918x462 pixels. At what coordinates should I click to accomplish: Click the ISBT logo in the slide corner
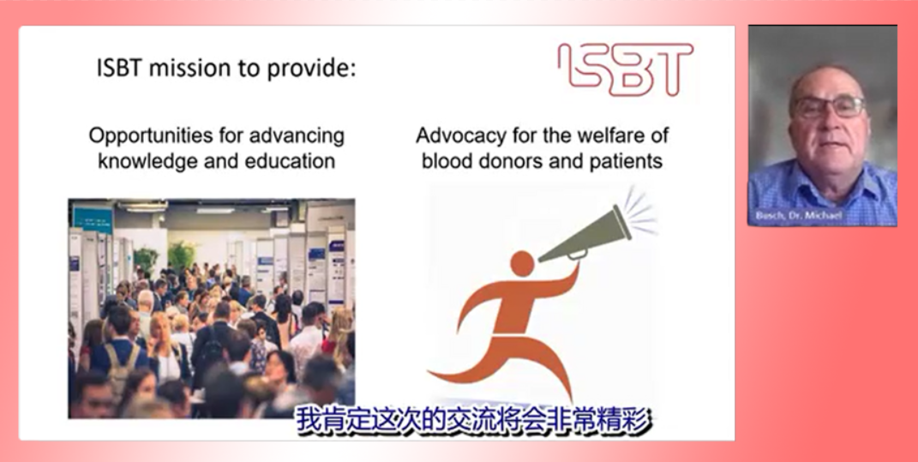[x=625, y=69]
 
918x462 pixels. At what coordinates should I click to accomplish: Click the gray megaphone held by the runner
[x=585, y=234]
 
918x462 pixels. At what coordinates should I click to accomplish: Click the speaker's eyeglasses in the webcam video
[x=829, y=106]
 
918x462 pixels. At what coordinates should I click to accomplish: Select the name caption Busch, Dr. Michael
[x=799, y=215]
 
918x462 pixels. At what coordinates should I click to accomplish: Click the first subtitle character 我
[x=310, y=420]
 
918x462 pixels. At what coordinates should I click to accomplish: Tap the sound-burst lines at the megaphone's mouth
[x=640, y=210]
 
